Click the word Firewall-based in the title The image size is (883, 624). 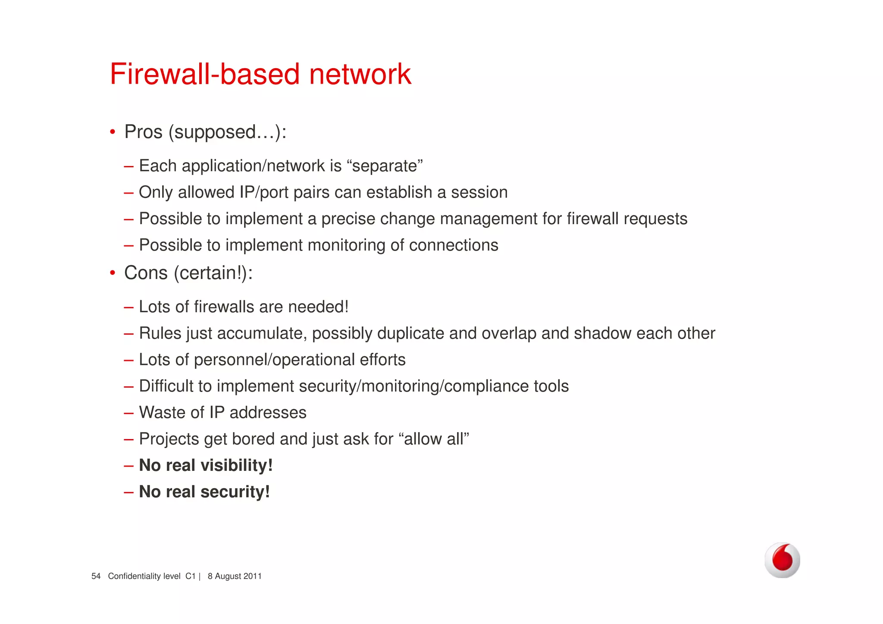click(x=205, y=74)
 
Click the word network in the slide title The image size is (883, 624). click(x=360, y=74)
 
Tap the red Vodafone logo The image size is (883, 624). click(x=782, y=560)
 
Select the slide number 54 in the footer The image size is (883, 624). click(x=96, y=576)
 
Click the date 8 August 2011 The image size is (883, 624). click(x=235, y=576)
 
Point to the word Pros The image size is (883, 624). click(x=143, y=132)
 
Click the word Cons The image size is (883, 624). click(x=146, y=273)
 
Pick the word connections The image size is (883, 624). click(x=454, y=245)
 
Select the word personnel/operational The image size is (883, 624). click(x=274, y=360)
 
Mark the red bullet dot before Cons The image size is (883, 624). click(x=113, y=273)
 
